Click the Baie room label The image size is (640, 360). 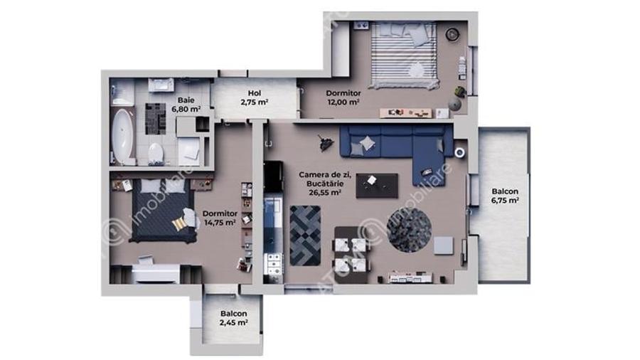(x=186, y=100)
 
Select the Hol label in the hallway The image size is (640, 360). (x=254, y=93)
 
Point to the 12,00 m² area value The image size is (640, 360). (x=343, y=102)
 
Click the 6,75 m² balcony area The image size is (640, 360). (x=504, y=201)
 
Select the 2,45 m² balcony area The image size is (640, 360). (x=233, y=323)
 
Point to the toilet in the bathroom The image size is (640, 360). (x=156, y=153)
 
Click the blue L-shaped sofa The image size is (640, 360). (x=395, y=142)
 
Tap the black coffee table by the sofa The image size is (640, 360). (x=376, y=184)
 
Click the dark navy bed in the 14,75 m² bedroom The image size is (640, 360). (x=161, y=210)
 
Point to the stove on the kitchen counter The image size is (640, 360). (x=273, y=265)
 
